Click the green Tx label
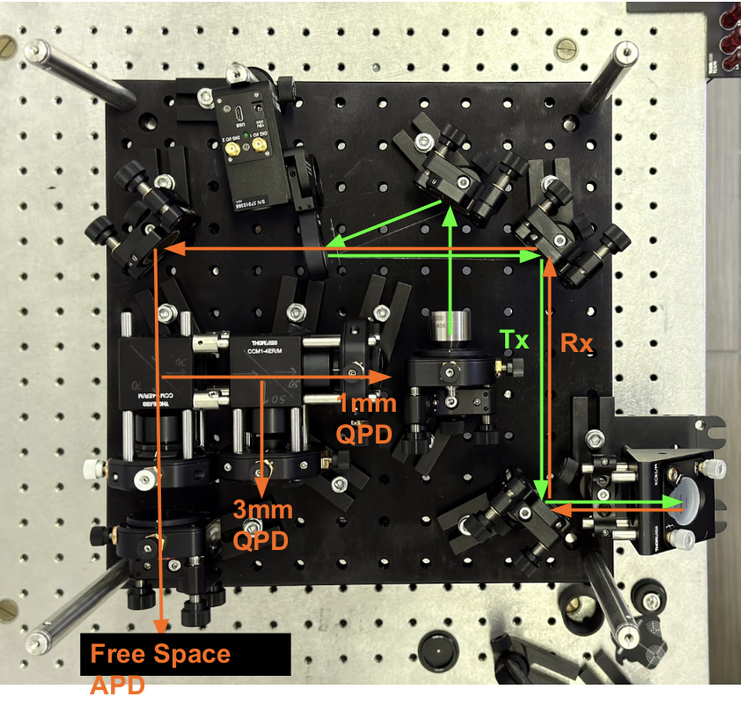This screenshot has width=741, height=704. pyautogui.click(x=515, y=340)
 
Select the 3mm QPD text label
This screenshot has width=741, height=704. pyautogui.click(x=262, y=524)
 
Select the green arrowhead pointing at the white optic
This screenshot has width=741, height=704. pyautogui.click(x=678, y=502)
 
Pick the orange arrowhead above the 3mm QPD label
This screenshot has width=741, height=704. pyautogui.click(x=261, y=486)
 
